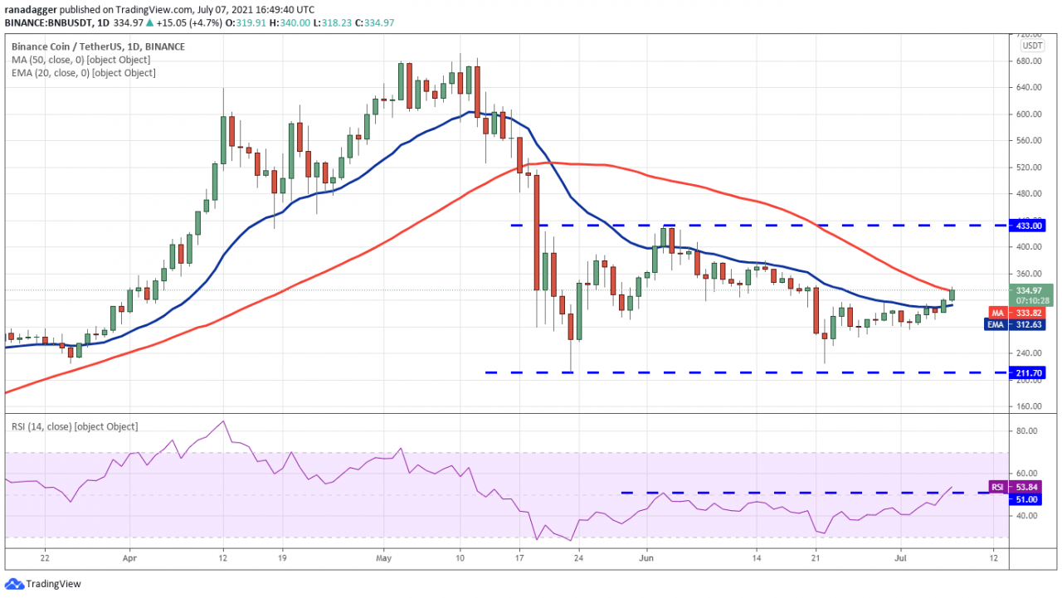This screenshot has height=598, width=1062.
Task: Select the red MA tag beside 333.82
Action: click(999, 313)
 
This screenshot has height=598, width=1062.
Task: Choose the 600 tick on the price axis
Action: click(1025, 114)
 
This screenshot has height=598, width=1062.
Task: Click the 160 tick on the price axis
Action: click(1025, 406)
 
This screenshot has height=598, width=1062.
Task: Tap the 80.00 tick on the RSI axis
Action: click(1026, 430)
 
